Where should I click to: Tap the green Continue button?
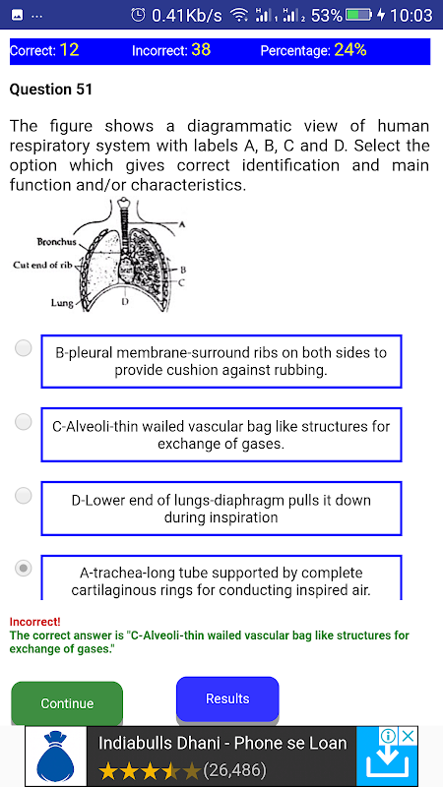(67, 703)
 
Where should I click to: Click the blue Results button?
(227, 698)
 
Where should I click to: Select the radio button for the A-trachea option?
(23, 569)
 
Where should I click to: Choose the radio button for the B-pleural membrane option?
(23, 348)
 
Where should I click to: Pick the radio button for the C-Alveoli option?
(23, 422)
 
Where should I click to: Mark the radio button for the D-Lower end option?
(23, 496)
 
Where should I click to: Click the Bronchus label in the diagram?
(56, 242)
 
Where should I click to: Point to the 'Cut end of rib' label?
(43, 265)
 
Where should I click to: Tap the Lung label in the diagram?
(61, 303)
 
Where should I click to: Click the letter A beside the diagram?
(182, 224)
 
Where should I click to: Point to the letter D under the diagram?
(125, 301)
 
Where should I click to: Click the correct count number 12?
(69, 50)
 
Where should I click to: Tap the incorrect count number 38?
(201, 50)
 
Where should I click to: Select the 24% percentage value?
(349, 50)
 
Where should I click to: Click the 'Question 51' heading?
(51, 90)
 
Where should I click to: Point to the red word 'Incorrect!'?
(34, 622)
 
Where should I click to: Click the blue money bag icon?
(55, 756)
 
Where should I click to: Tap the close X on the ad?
(409, 736)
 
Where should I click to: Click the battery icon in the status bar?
(358, 16)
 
